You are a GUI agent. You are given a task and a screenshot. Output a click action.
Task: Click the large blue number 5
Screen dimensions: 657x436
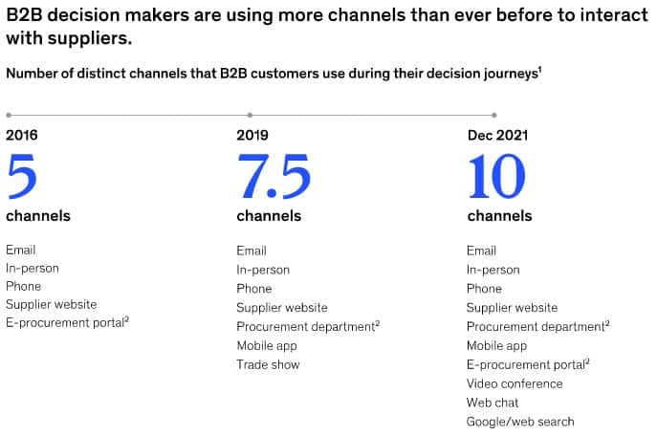pyautogui.click(x=22, y=176)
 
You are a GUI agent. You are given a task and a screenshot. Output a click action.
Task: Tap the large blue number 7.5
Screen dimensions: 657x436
pyautogui.click(x=274, y=176)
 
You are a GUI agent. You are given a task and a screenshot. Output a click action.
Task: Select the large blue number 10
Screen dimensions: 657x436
pyautogui.click(x=496, y=176)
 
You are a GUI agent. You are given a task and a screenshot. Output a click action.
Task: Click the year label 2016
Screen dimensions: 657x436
pyautogui.click(x=22, y=135)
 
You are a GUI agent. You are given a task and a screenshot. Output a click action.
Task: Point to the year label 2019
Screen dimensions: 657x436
pyautogui.click(x=252, y=135)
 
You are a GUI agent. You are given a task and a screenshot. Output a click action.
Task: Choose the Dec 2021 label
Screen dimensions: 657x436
pyautogui.click(x=498, y=135)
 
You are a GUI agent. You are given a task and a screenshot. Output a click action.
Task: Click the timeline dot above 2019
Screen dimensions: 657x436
pyautogui.click(x=251, y=115)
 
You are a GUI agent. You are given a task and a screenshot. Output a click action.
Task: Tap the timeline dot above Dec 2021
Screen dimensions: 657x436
pyautogui.click(x=494, y=115)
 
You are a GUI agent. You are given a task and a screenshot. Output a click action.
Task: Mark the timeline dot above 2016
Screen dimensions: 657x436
pyautogui.click(x=9, y=115)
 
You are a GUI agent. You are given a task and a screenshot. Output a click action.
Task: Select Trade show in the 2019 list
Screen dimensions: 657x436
pyautogui.click(x=268, y=365)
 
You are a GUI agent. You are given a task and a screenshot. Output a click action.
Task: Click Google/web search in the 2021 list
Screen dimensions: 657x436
pyautogui.click(x=520, y=422)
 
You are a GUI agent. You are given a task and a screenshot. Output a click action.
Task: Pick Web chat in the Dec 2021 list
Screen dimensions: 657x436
pyautogui.click(x=493, y=403)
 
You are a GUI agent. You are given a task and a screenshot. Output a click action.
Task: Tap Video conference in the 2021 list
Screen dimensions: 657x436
pyautogui.click(x=515, y=383)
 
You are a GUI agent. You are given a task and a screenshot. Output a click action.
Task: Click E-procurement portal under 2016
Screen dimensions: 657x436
pyautogui.click(x=68, y=323)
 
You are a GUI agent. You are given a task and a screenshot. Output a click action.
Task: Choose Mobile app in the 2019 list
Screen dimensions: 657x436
pyautogui.click(x=267, y=346)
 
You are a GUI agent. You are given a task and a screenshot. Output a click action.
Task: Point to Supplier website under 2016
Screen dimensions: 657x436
pyautogui.click(x=52, y=304)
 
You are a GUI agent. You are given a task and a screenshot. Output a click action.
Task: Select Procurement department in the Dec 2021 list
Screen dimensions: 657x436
pyautogui.click(x=538, y=327)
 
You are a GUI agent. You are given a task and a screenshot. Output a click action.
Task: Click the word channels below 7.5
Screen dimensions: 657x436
pyautogui.click(x=269, y=216)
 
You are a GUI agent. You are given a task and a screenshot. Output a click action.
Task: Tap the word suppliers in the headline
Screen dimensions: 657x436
pyautogui.click(x=90, y=39)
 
